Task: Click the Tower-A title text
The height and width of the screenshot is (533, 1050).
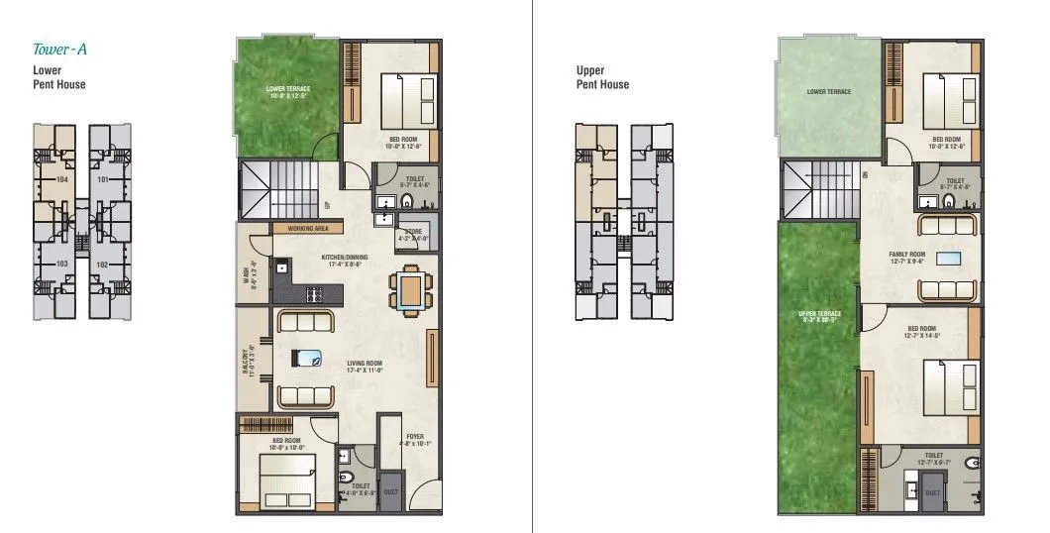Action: coord(65,48)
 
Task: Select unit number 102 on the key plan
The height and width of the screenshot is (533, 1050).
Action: coord(103,264)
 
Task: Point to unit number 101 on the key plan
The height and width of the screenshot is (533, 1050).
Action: coord(103,180)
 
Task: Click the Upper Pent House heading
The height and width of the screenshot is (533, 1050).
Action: coord(602,77)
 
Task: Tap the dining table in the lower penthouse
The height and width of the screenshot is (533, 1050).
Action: coord(409,290)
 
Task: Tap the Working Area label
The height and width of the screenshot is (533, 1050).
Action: coord(308,228)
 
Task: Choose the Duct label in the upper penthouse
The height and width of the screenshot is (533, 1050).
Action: coord(932,491)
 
